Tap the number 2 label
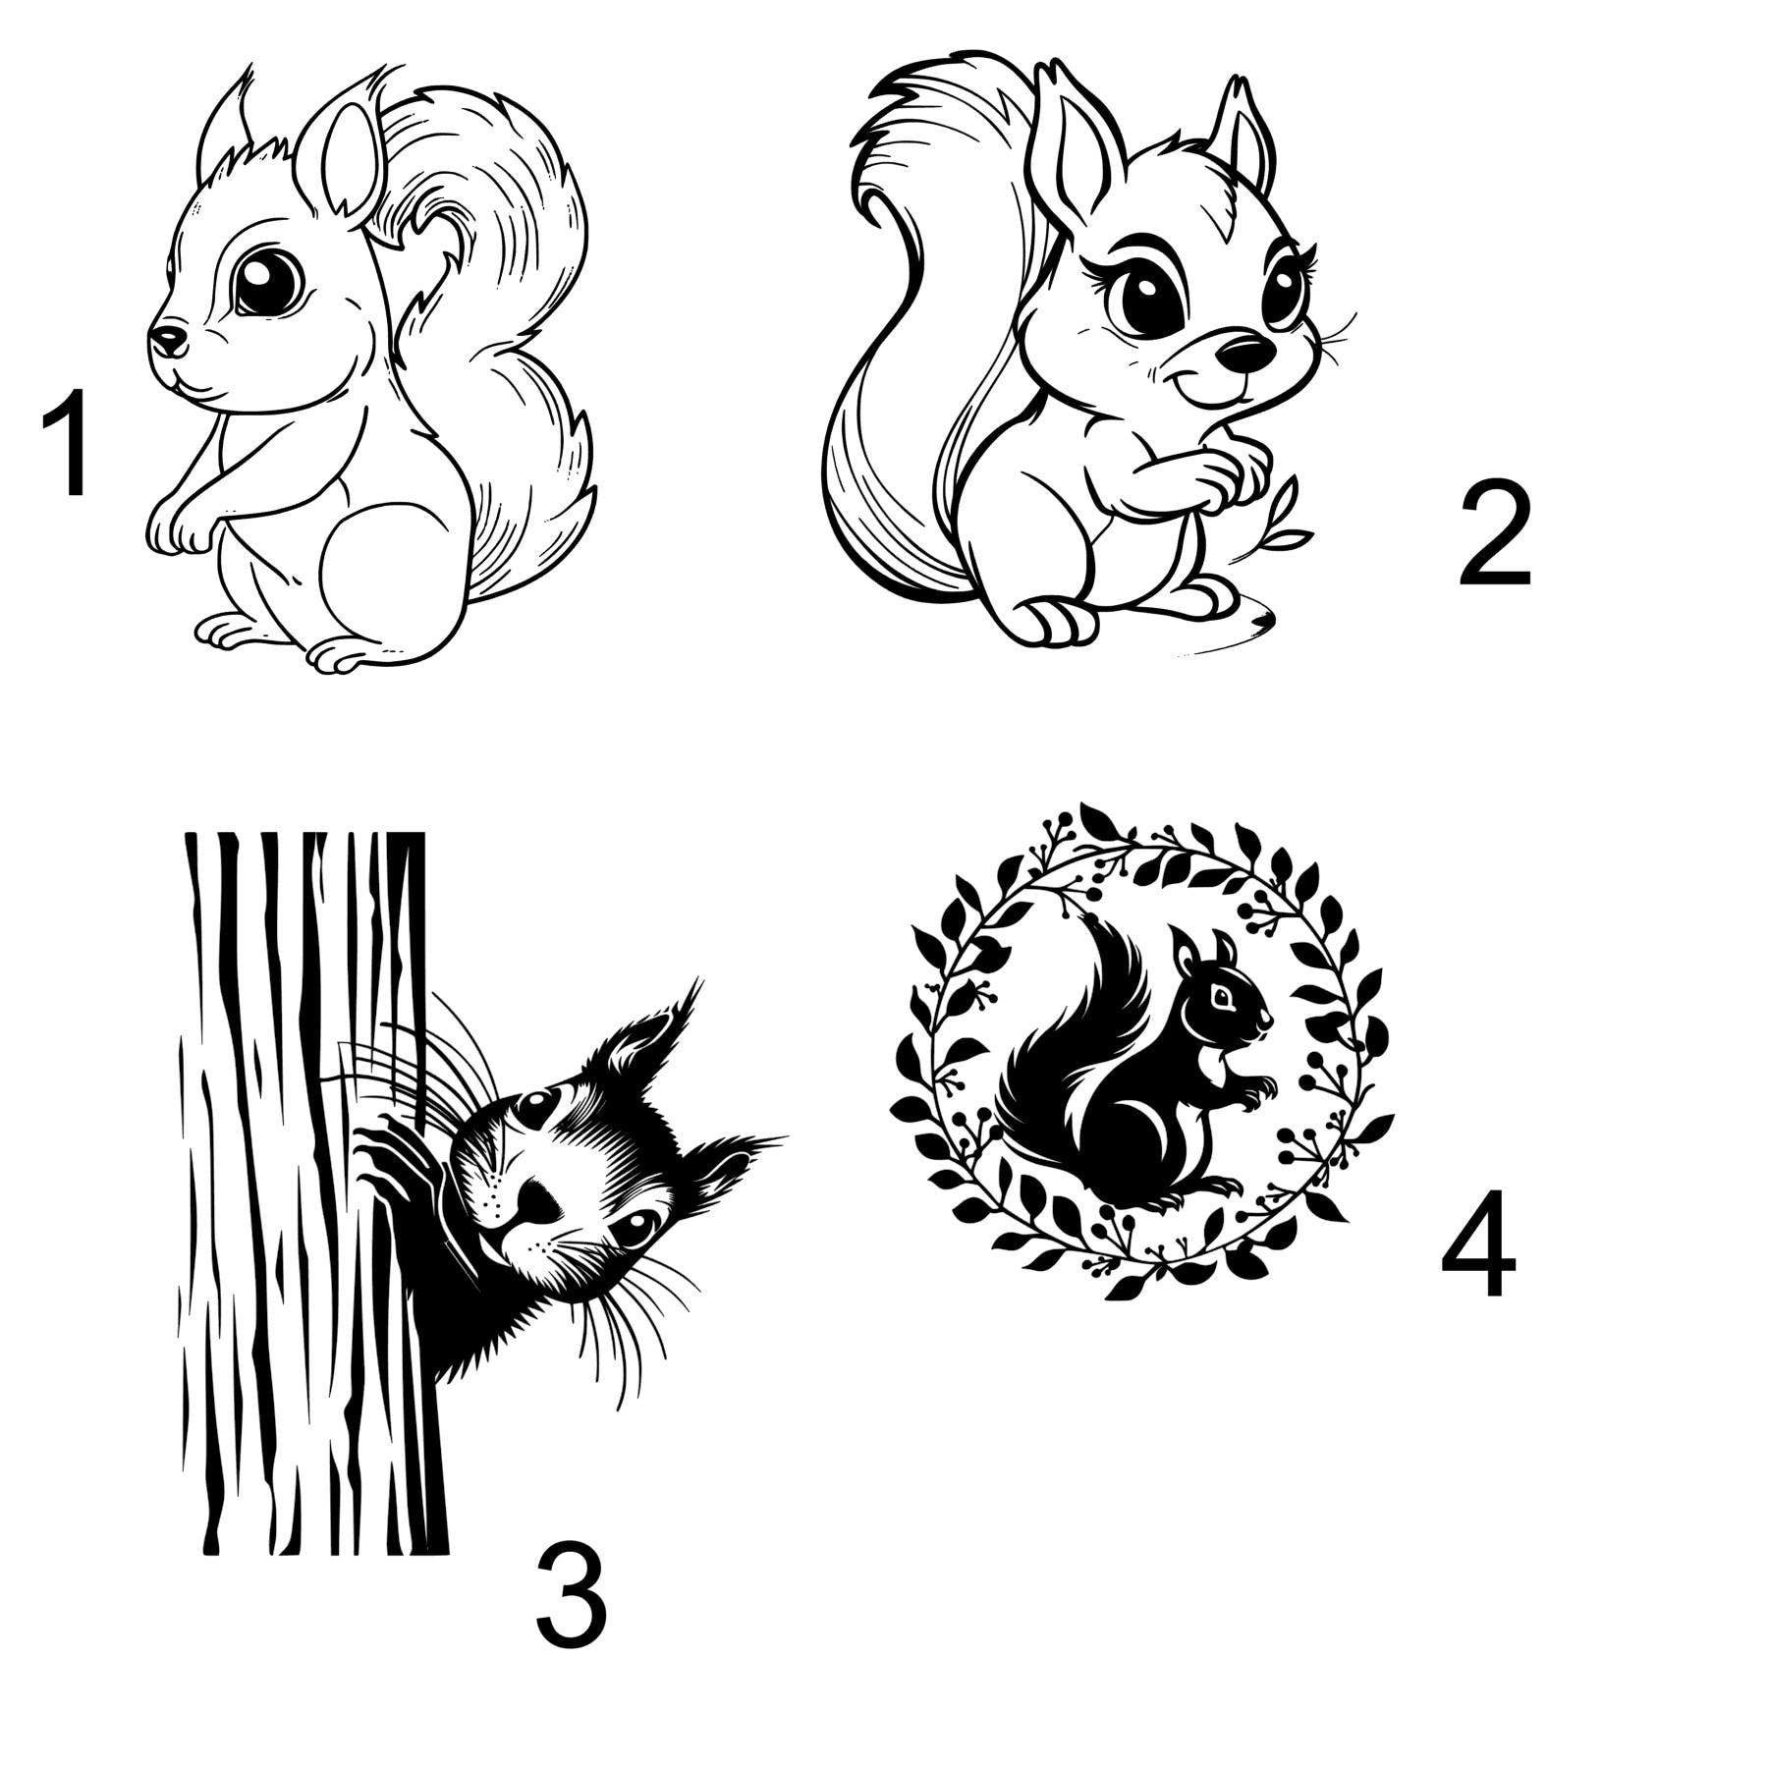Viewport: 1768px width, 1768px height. point(1495,535)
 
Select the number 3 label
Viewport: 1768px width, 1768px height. point(571,1611)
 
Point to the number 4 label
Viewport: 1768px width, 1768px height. point(1478,1243)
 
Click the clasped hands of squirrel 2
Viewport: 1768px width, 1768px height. point(1228,470)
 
